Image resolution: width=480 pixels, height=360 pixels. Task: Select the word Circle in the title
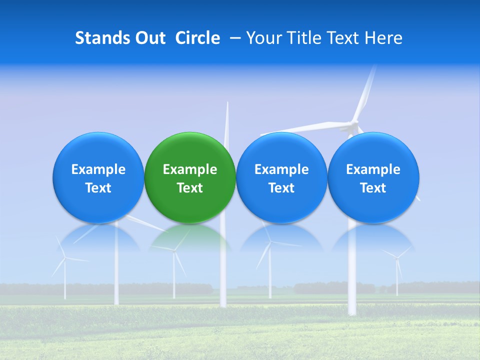tap(197, 38)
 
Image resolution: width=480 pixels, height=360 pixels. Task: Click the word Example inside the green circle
tap(190, 169)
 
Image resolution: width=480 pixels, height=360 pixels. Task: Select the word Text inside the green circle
tap(190, 188)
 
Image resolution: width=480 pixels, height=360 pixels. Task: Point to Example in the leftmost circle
tap(98, 169)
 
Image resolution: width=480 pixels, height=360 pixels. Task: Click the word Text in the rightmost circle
tap(373, 188)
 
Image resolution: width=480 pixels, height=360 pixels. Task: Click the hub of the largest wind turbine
tap(354, 123)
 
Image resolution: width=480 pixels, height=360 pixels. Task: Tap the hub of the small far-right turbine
tap(396, 257)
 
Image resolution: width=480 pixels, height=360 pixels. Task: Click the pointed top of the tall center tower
tap(227, 103)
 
